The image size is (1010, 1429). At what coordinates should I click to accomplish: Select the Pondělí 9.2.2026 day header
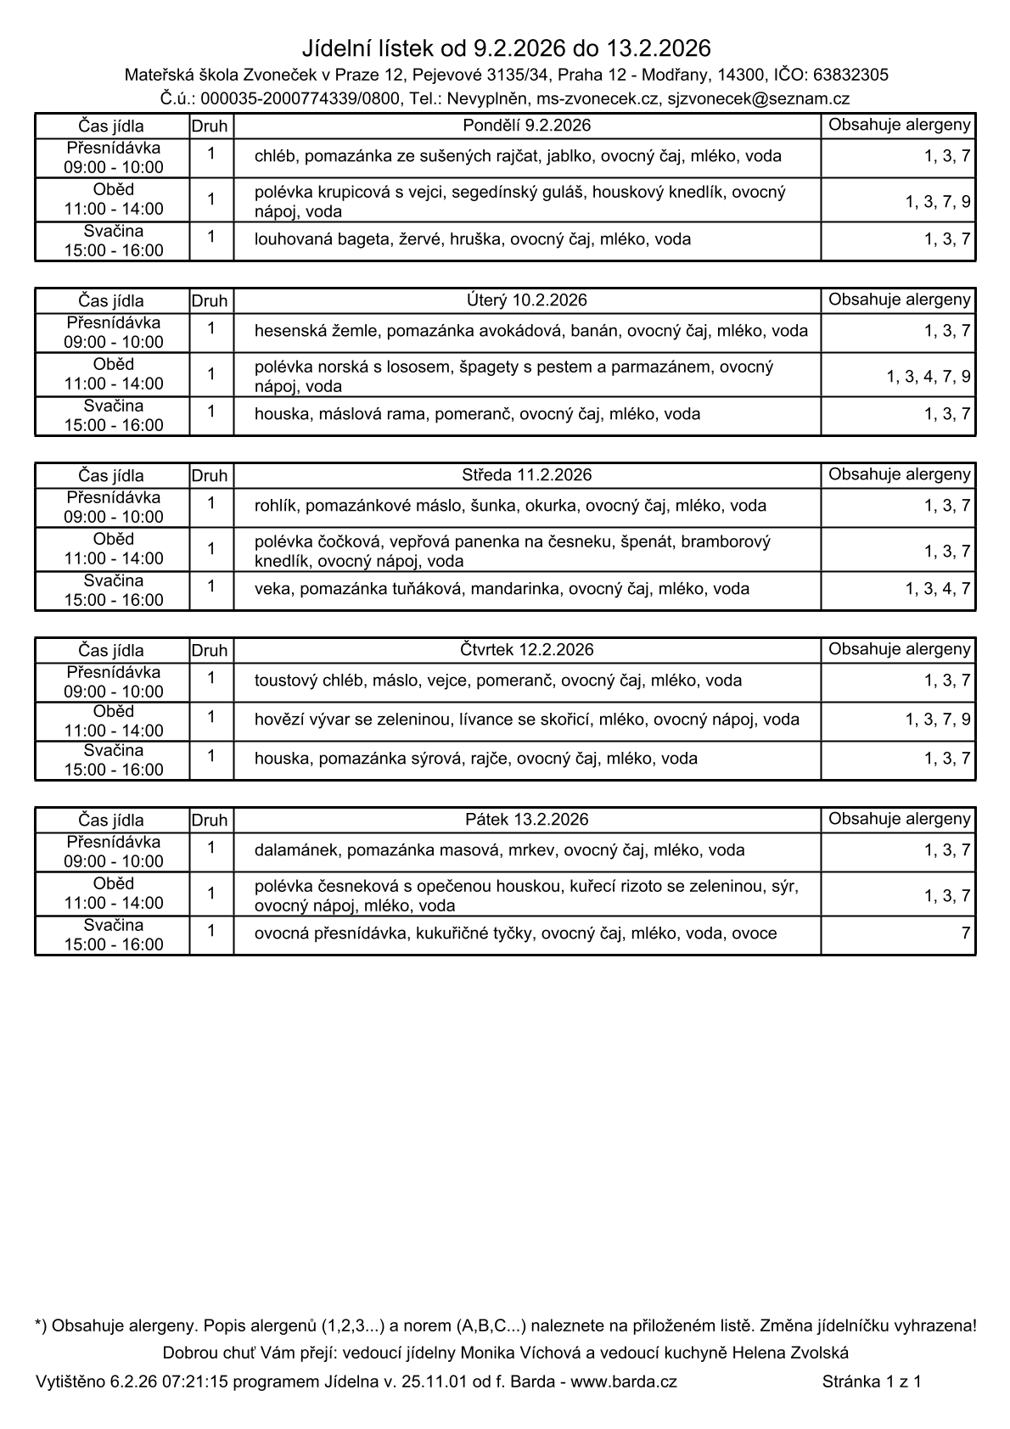coord(527,126)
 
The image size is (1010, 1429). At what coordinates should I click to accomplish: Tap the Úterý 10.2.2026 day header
coord(527,300)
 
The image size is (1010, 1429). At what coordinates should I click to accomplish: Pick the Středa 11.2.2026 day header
coord(527,475)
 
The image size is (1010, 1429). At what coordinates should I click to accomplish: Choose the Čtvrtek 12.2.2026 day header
coord(527,650)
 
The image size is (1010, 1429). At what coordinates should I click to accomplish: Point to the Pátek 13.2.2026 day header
coord(527,820)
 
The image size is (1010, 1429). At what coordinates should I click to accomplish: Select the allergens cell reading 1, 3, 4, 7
coord(938,589)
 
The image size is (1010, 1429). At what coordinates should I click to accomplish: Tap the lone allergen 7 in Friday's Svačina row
coord(965,933)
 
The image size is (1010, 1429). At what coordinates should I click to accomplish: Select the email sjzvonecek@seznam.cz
coord(759,99)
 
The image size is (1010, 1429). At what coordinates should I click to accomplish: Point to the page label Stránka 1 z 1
coord(871,1381)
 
